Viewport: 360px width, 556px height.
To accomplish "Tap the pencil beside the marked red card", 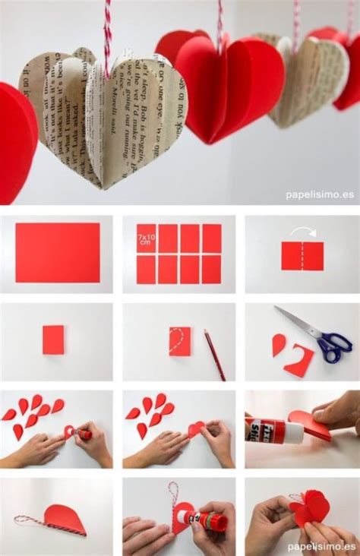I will [x=215, y=355].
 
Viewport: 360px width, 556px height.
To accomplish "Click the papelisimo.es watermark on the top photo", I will [x=319, y=194].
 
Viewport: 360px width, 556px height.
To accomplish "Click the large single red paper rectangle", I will [x=57, y=252].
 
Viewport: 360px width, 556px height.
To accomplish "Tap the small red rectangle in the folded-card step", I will [x=53, y=340].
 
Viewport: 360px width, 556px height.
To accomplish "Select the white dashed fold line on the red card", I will [x=302, y=256].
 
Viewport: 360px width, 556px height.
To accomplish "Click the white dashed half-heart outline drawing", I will [x=176, y=339].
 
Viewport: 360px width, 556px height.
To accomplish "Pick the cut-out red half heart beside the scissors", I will [x=279, y=345].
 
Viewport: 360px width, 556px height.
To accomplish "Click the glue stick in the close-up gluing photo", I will [x=274, y=431].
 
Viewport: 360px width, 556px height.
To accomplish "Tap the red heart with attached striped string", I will [x=64, y=519].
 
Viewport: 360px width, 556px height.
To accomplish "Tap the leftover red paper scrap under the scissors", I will [x=299, y=361].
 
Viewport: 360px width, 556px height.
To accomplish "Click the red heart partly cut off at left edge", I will [x=15, y=141].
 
